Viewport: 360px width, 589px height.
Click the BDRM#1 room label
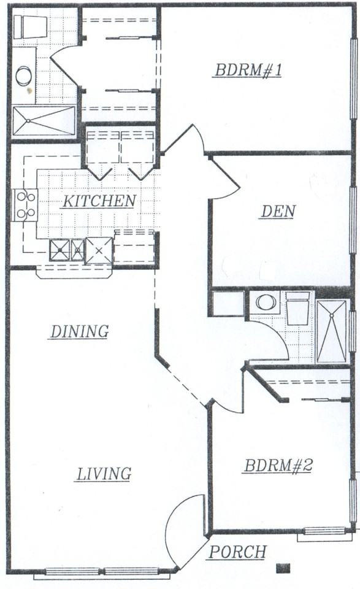coord(248,70)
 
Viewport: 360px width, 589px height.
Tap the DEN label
coord(278,212)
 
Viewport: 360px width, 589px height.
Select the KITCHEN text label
coord(99,201)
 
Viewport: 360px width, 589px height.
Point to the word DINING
coord(80,332)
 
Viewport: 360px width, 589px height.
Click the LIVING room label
coord(104,474)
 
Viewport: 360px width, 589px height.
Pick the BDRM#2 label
coord(278,466)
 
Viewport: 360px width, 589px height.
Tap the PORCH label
coord(237,552)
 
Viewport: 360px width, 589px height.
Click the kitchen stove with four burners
coord(26,205)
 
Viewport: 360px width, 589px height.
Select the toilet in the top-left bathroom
coord(30,26)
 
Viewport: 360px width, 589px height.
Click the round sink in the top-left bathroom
coord(24,76)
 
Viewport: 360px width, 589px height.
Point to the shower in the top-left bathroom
coord(44,121)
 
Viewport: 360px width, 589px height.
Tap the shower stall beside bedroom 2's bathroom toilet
coord(331,331)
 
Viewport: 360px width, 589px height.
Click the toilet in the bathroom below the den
coord(297,308)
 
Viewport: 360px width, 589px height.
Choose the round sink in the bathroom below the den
coord(266,302)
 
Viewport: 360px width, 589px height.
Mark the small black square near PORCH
coord(283,568)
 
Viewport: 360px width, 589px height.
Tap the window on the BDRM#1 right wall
coord(353,79)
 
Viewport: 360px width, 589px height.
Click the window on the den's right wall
coord(353,220)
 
